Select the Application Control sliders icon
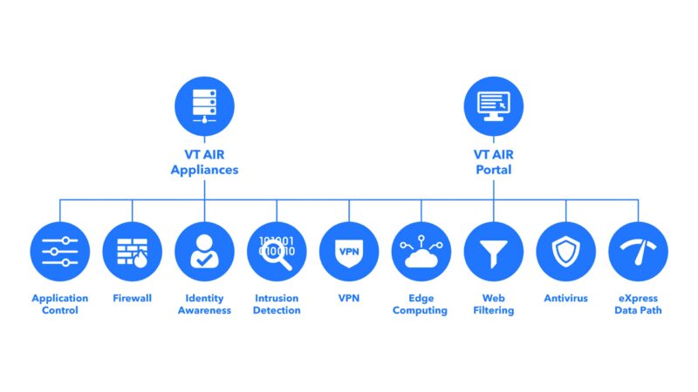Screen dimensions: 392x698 59,251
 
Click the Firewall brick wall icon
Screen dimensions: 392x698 132,251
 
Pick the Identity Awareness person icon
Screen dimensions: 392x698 204,251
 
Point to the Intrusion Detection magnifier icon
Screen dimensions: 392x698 277,251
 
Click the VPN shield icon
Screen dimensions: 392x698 349,251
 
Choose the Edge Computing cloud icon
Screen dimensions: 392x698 421,251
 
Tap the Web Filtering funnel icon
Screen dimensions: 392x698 493,251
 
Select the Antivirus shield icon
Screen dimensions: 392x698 565,251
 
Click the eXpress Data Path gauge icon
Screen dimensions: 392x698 638,251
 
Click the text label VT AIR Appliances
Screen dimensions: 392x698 204,163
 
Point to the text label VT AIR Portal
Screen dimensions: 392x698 493,163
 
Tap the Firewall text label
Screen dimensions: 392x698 132,298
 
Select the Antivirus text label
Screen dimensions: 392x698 565,298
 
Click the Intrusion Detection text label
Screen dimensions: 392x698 277,304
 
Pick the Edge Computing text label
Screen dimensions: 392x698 421,304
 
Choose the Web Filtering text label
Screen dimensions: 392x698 493,304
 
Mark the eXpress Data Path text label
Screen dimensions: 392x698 638,304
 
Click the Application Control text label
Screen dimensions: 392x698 59,304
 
